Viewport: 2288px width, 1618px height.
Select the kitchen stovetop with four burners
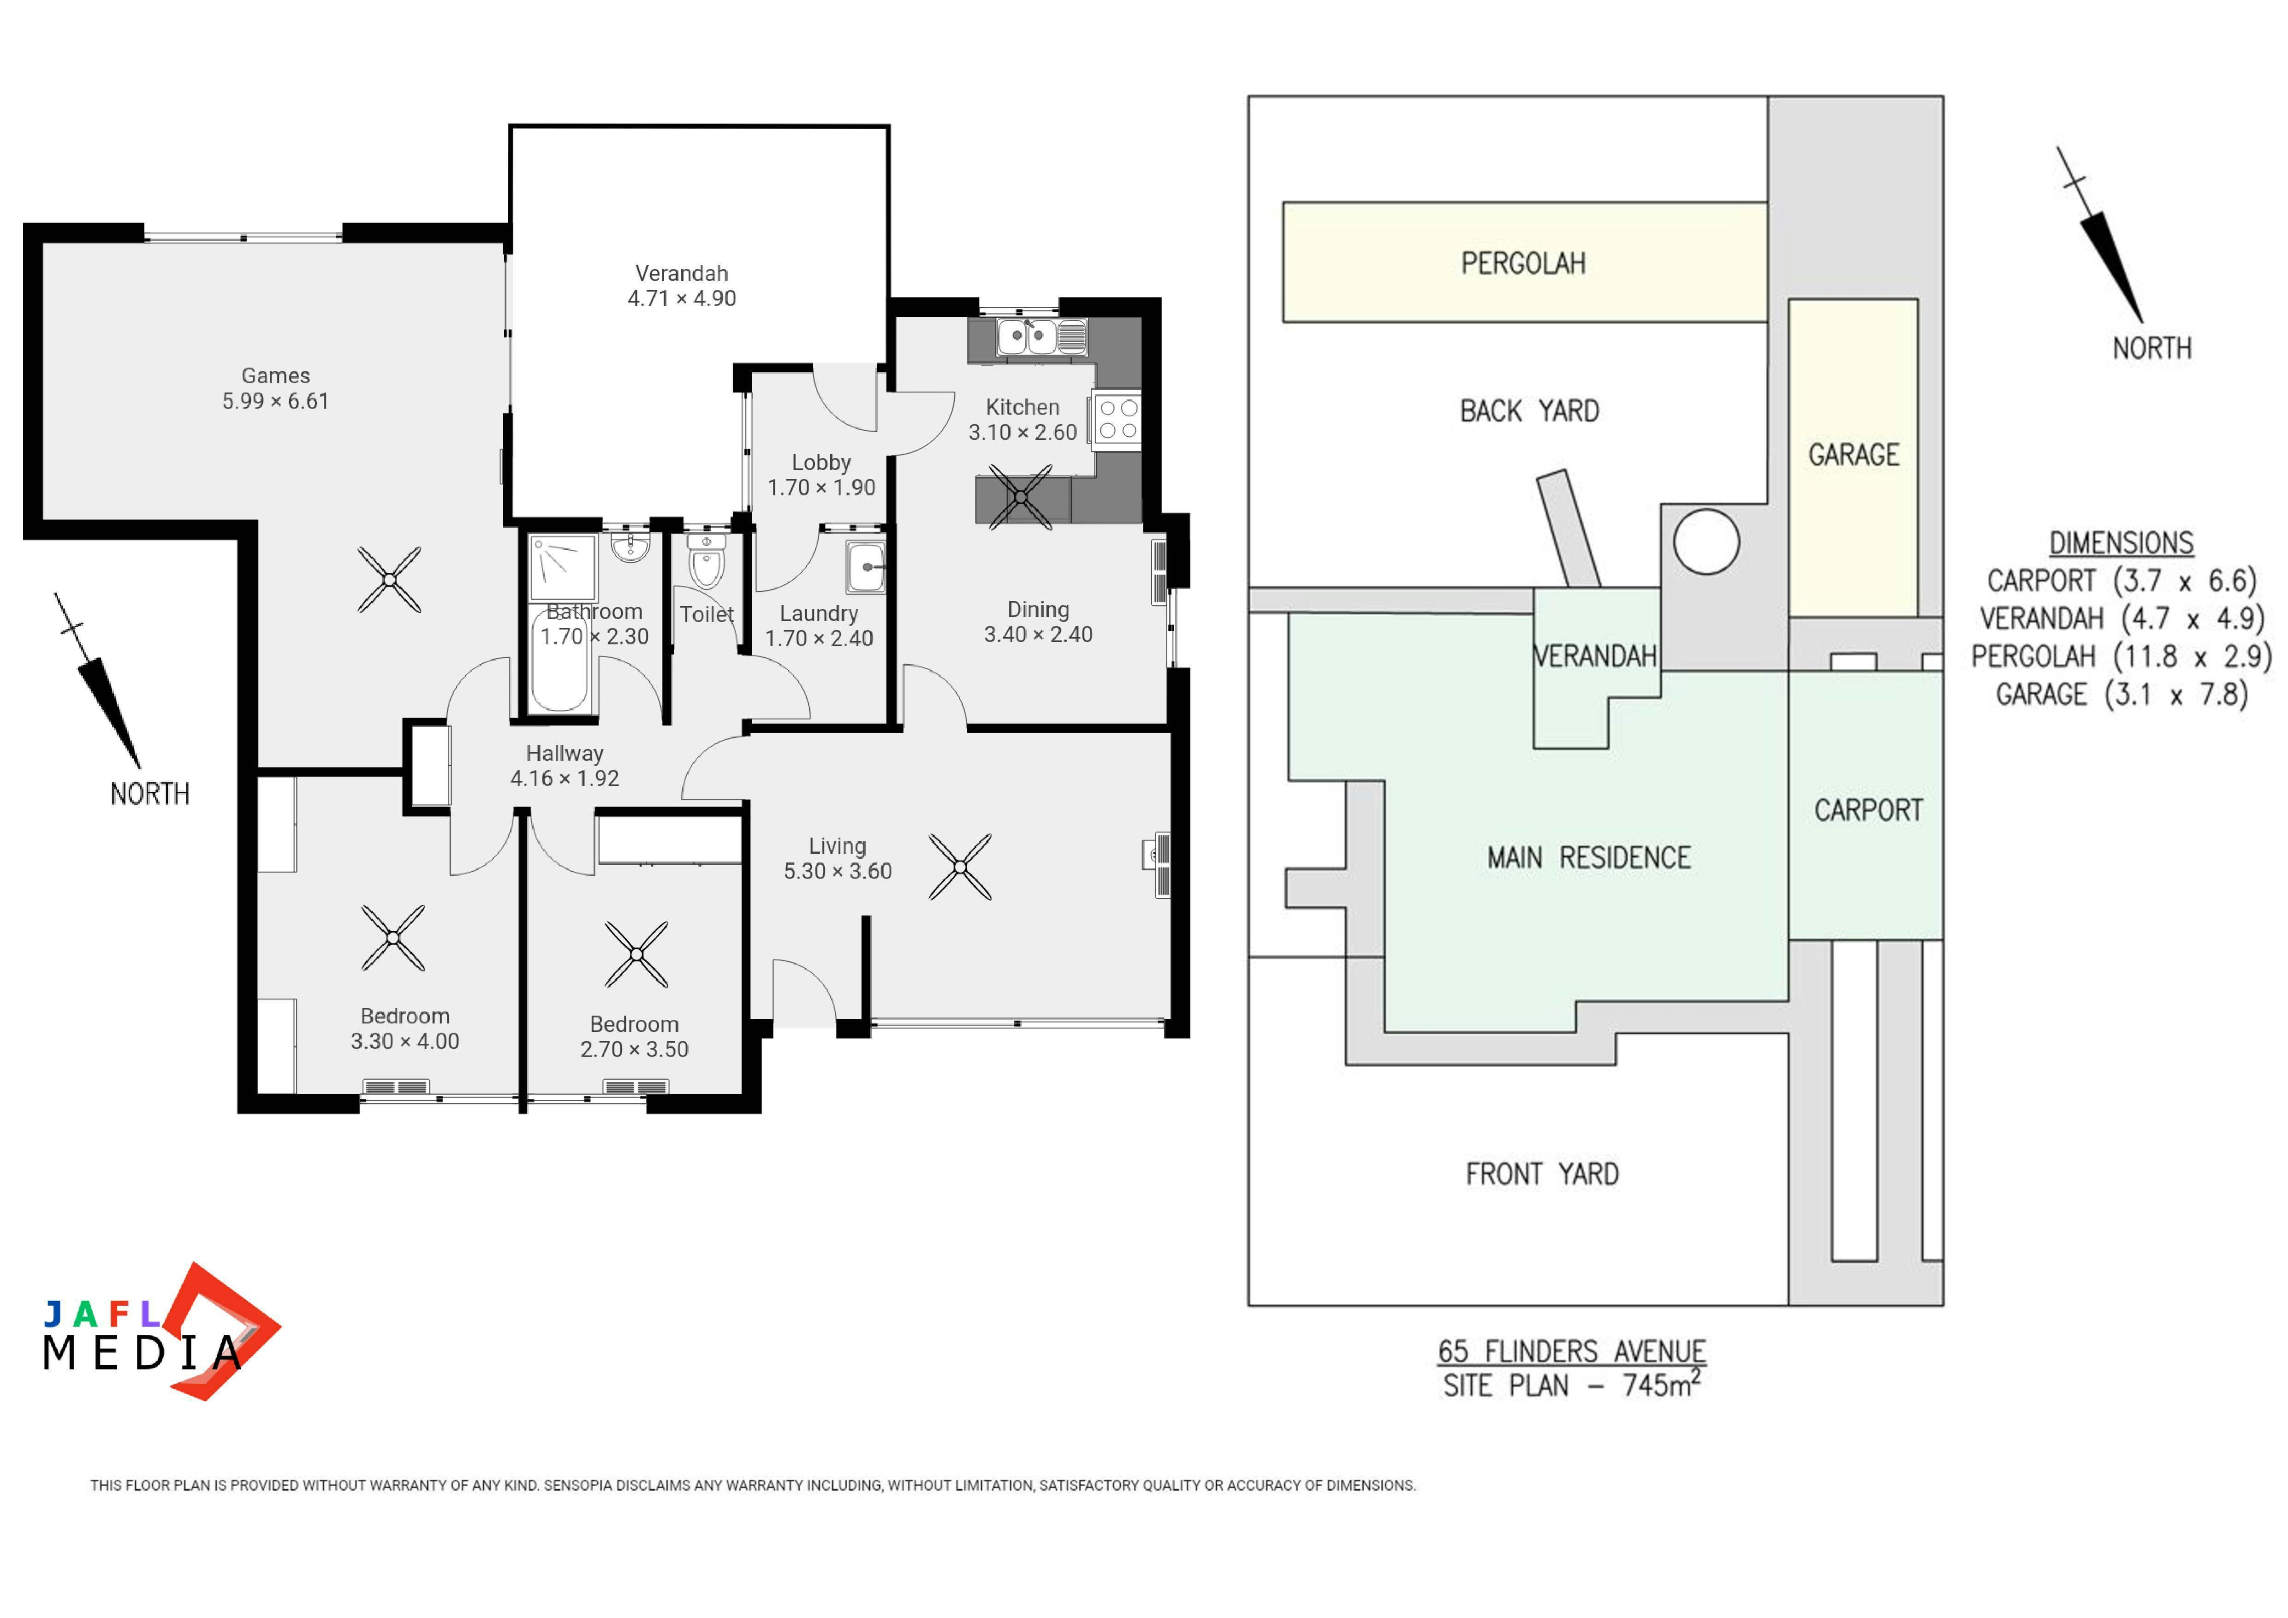(x=1117, y=418)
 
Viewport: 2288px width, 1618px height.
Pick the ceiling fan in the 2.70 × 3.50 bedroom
(x=636, y=954)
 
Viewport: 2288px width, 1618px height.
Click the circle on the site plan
(x=1706, y=542)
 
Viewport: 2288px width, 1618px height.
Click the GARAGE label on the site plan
(x=1854, y=455)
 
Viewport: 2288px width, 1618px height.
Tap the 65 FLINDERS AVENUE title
(x=1571, y=1352)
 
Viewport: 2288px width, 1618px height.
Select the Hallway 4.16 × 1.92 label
(x=565, y=766)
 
